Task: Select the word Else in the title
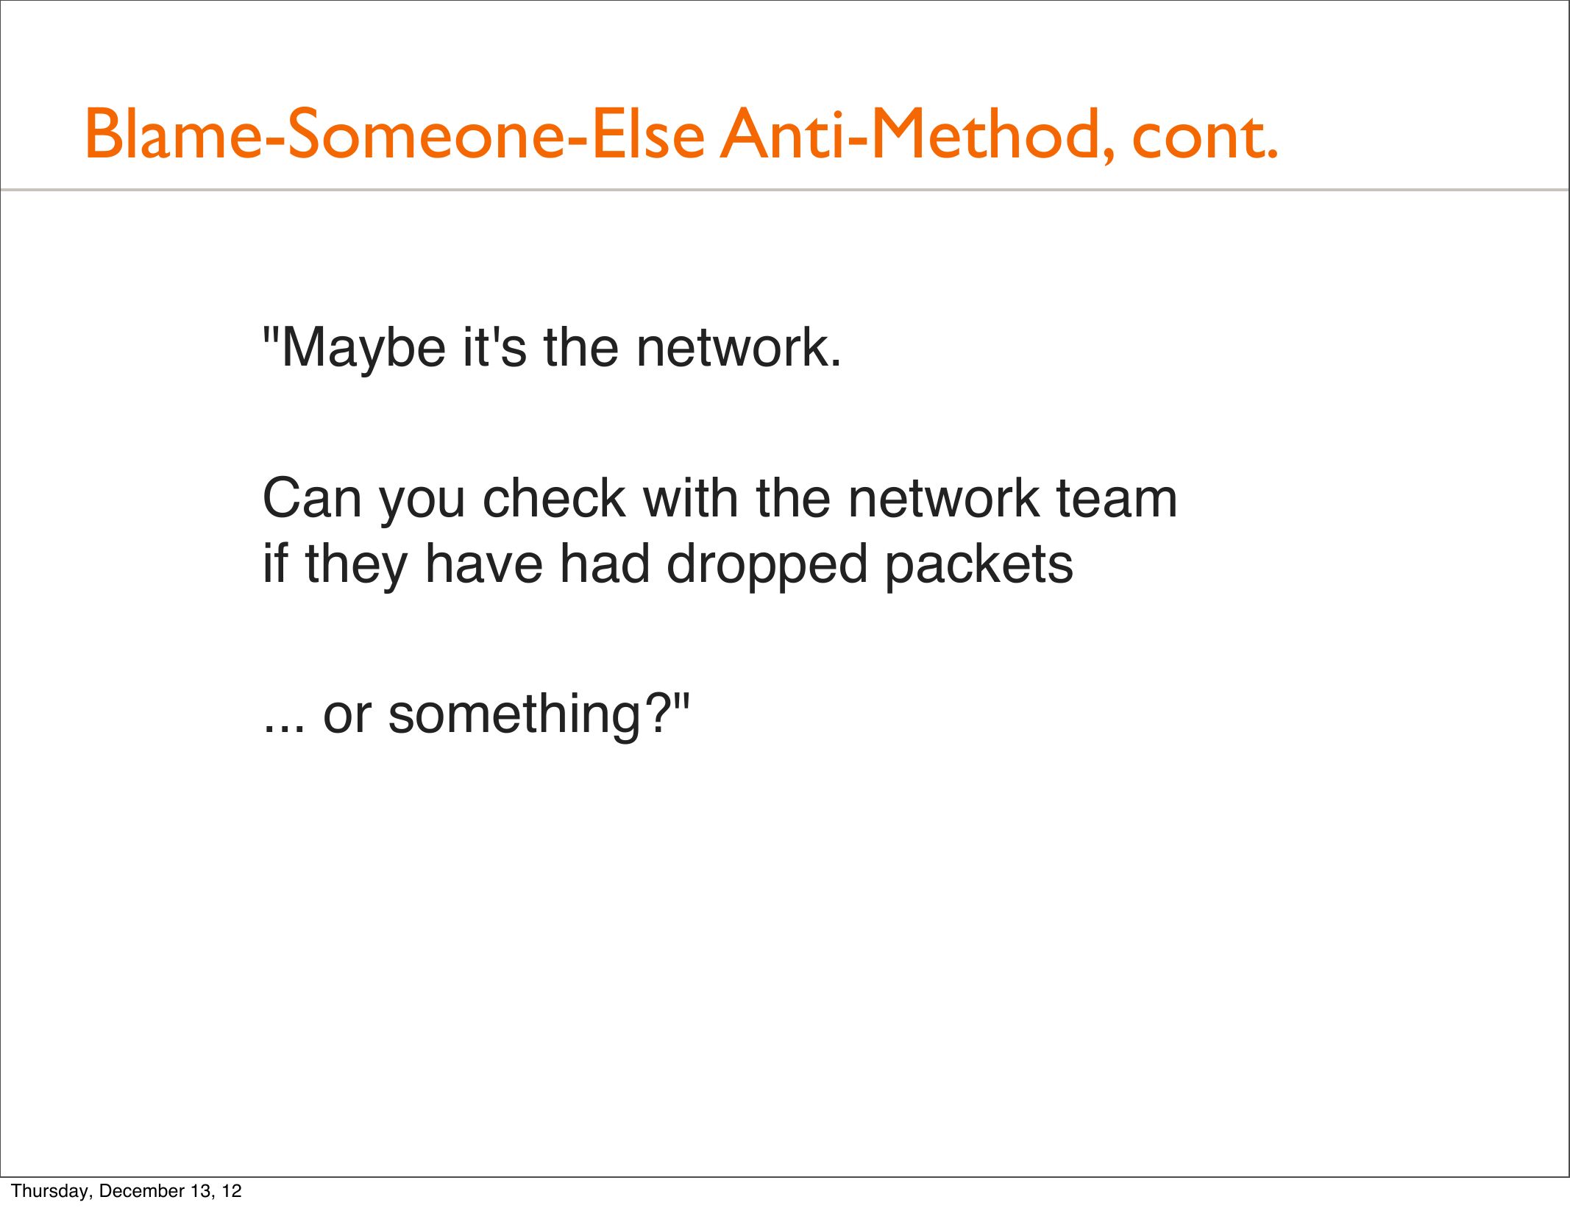pos(648,134)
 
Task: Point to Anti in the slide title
pos(781,134)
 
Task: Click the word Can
pos(312,498)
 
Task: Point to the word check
pos(554,498)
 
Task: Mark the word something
pos(514,716)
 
